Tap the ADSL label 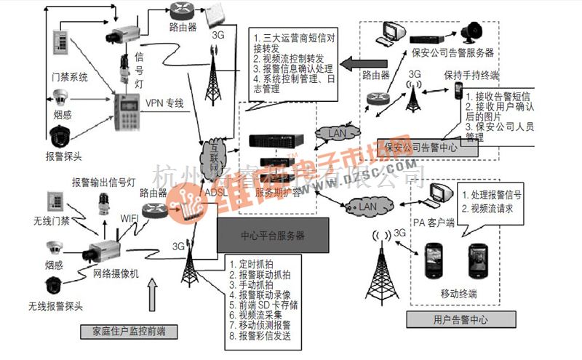click(216, 193)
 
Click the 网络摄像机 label click(116, 273)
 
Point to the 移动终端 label click(458, 294)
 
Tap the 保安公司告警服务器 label click(453, 52)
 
